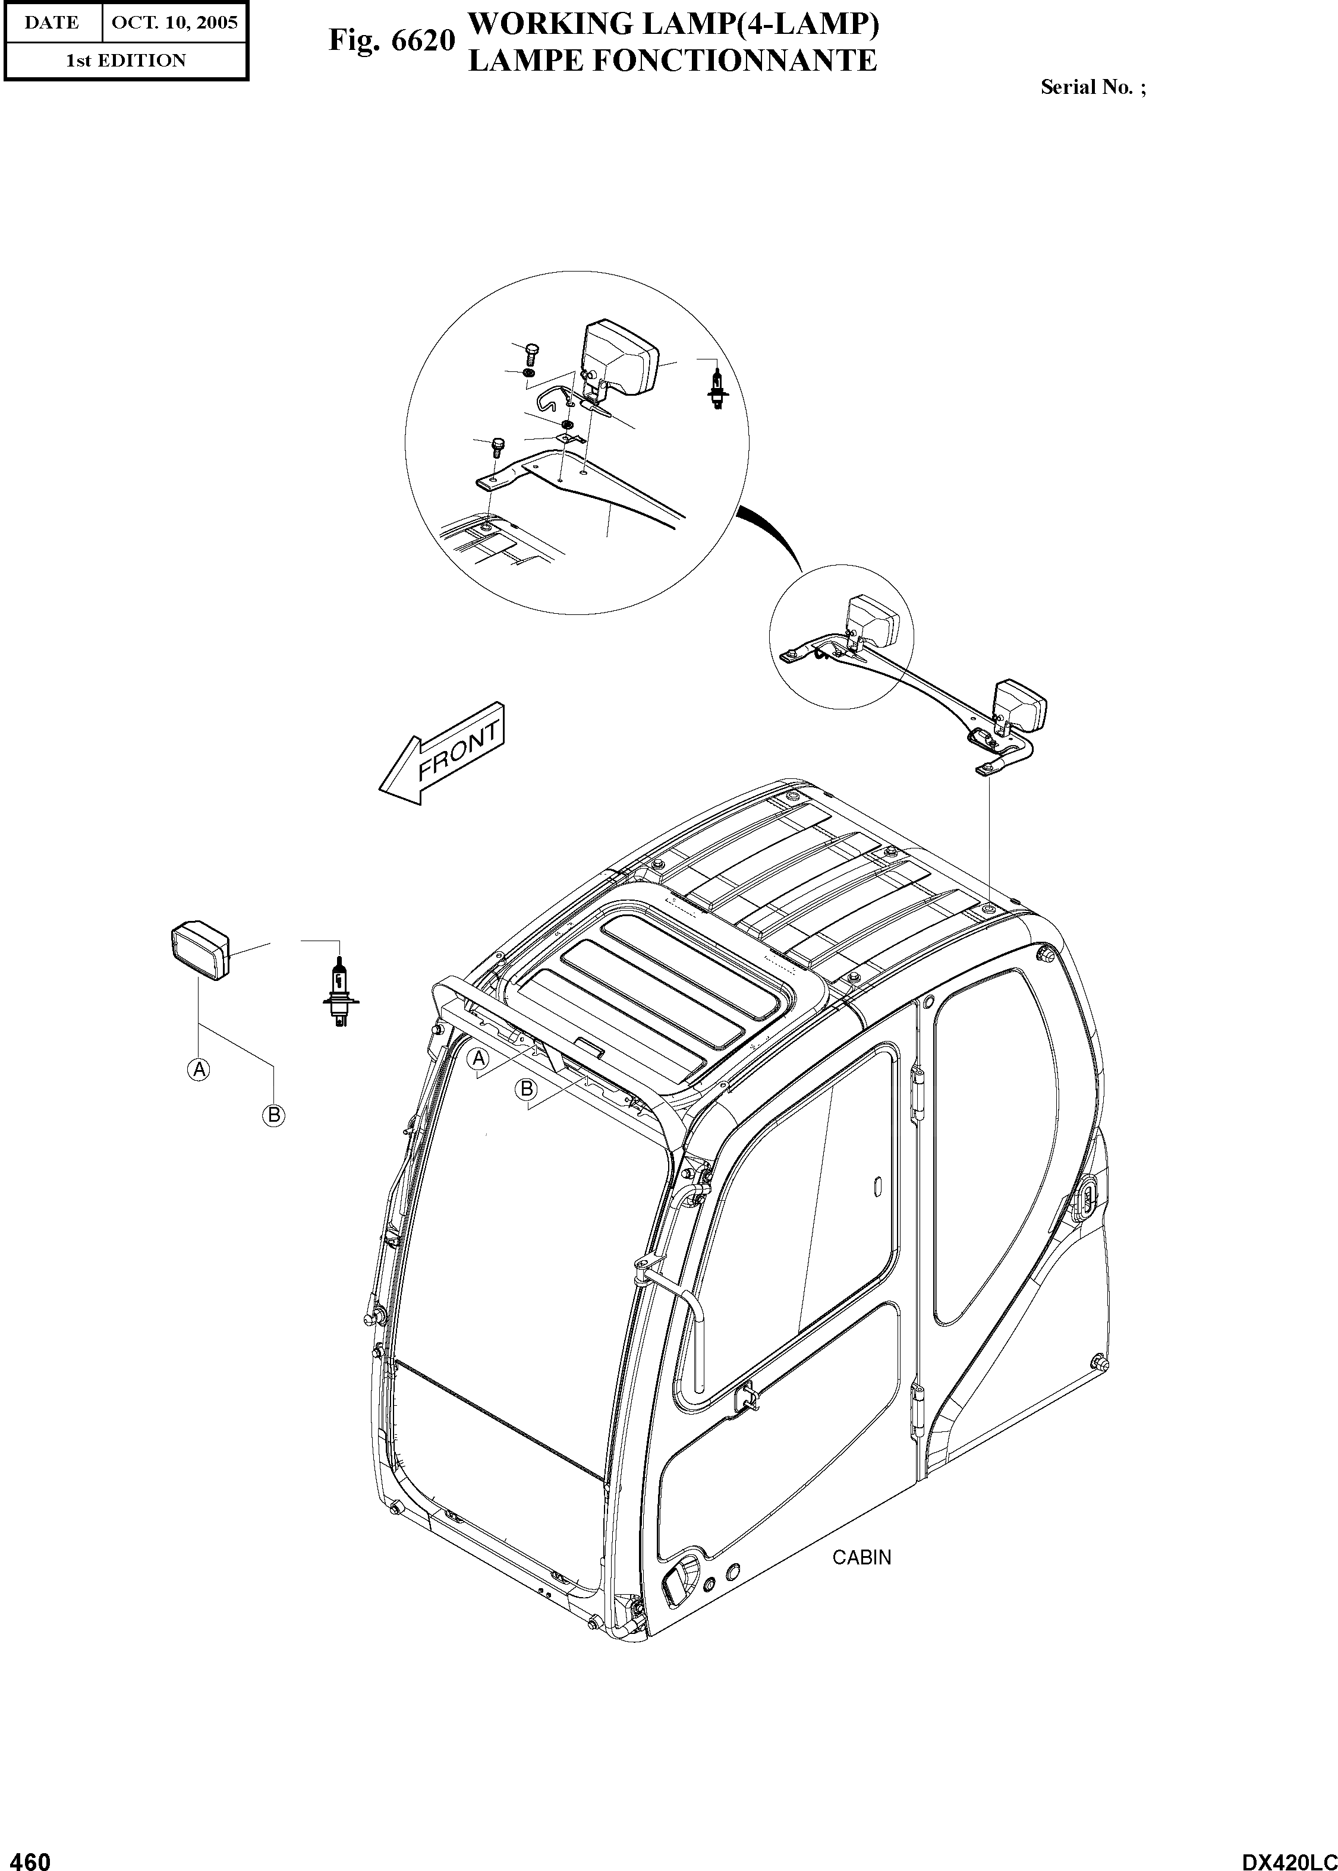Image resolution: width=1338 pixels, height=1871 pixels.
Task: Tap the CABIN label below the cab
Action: pyautogui.click(x=862, y=1557)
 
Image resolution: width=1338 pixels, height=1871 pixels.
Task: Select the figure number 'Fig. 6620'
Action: pyautogui.click(x=391, y=40)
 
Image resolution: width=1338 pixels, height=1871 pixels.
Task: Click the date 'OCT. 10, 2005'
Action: pyautogui.click(x=174, y=22)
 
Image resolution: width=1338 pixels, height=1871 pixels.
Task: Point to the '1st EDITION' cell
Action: pyautogui.click(x=126, y=60)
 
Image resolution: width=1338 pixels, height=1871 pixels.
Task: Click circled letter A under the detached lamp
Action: pyautogui.click(x=198, y=1069)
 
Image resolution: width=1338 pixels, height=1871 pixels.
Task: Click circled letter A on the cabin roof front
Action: pyautogui.click(x=478, y=1059)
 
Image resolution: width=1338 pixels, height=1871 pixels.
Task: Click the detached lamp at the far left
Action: pyautogui.click(x=200, y=951)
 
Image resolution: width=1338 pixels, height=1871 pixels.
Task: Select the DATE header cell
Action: pyautogui.click(x=51, y=22)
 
